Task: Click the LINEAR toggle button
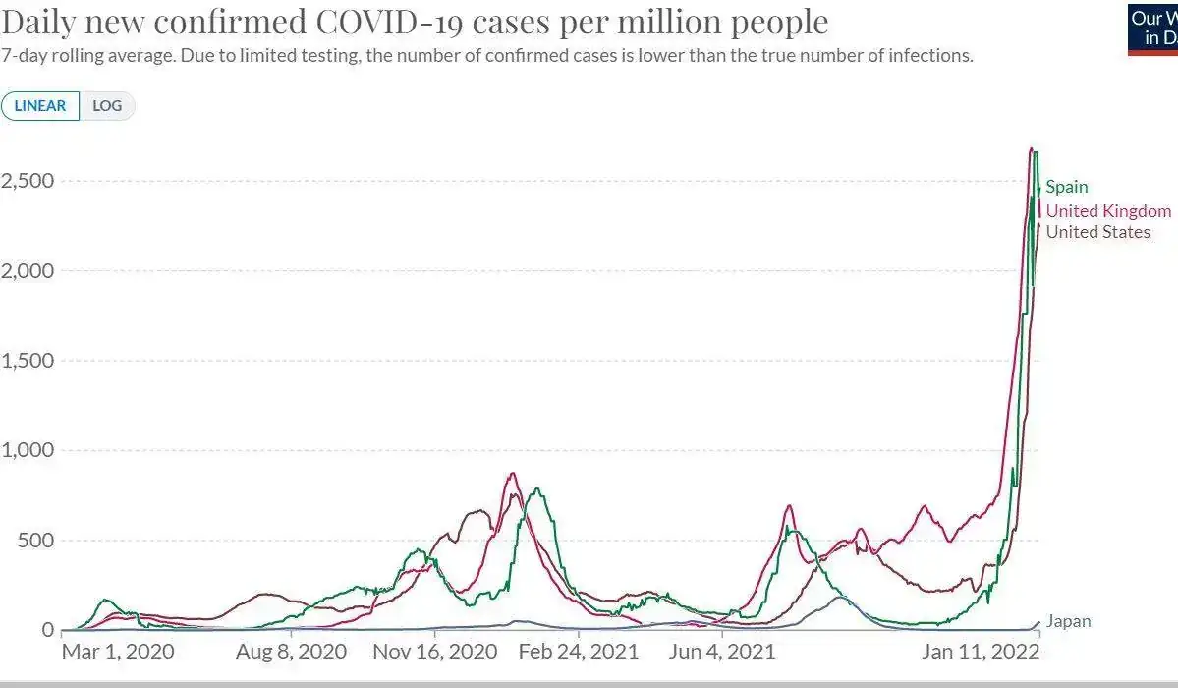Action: click(x=40, y=106)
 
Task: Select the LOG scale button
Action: click(x=107, y=106)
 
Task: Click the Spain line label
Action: click(x=1066, y=187)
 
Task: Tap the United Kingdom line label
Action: click(x=1108, y=211)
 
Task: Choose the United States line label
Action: click(x=1097, y=232)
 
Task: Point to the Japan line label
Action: click(x=1068, y=621)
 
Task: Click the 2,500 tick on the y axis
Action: click(x=27, y=181)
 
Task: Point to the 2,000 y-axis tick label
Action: click(x=27, y=270)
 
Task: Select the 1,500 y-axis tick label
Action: click(x=27, y=361)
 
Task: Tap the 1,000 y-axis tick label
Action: click(x=27, y=450)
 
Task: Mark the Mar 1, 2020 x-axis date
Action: click(x=117, y=652)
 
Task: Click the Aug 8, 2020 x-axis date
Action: click(x=292, y=652)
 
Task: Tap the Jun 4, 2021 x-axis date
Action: click(x=723, y=652)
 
